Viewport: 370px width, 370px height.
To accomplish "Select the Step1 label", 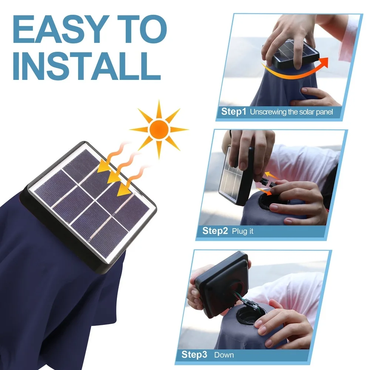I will pyautogui.click(x=233, y=112).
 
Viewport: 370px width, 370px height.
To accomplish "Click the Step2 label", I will pyautogui.click(x=215, y=231).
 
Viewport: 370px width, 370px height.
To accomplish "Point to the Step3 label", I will pyautogui.click(x=194, y=355).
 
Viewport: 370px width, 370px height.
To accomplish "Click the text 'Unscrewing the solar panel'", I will pyautogui.click(x=292, y=112).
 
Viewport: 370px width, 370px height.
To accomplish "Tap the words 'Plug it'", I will pyautogui.click(x=243, y=232).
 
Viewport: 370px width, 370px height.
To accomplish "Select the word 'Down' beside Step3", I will pyautogui.click(x=224, y=355).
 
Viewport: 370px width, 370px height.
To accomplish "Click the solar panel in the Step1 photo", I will pyautogui.click(x=292, y=54).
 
